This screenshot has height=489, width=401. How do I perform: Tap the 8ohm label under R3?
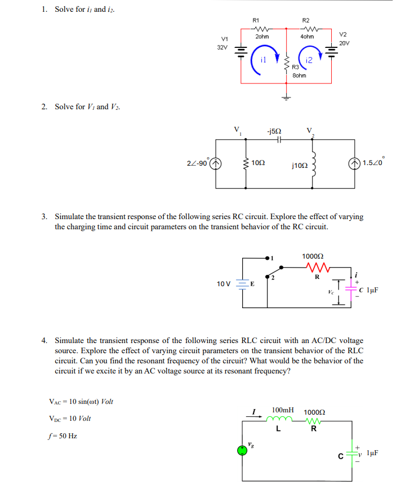(x=299, y=75)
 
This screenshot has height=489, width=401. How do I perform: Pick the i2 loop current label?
(x=309, y=60)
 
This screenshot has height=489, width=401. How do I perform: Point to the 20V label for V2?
(x=344, y=42)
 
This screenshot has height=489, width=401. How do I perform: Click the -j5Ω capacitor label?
(x=274, y=131)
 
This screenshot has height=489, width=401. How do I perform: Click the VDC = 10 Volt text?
(x=70, y=419)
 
